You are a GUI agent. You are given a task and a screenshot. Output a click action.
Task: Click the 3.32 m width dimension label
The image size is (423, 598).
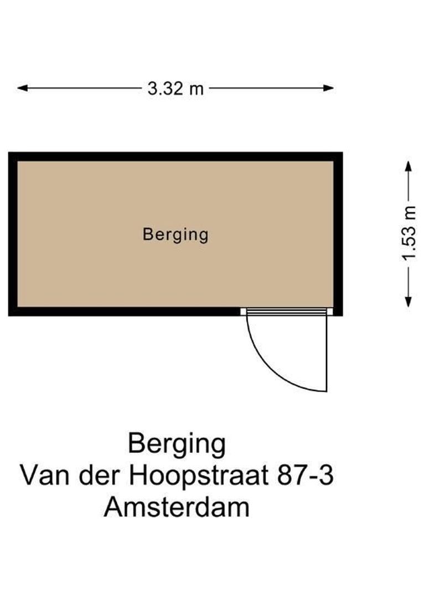pos(176,88)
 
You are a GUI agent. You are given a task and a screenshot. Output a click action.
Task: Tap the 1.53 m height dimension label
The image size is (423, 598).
pos(409,233)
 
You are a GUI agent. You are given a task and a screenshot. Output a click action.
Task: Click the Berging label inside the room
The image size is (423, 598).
pos(176,234)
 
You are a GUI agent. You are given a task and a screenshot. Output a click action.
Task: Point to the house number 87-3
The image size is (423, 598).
pos(306,476)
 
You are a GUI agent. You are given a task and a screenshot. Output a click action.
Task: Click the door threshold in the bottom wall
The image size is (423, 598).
pos(286,312)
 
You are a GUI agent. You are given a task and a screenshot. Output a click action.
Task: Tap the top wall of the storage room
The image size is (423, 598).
pos(176,156)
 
